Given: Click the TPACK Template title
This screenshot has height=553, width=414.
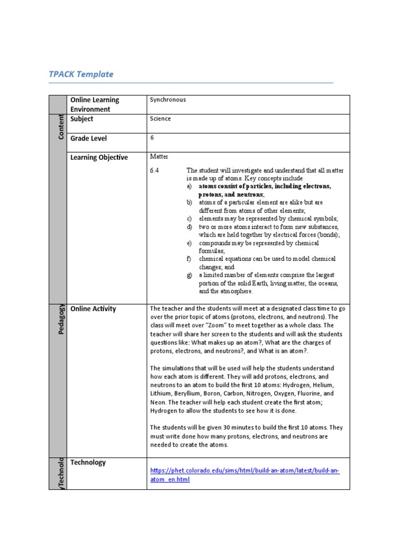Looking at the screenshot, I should pyautogui.click(x=81, y=74).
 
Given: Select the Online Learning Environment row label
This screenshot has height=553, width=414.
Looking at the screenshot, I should pyautogui.click(x=95, y=104).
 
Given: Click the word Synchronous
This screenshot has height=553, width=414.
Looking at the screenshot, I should pyautogui.click(x=168, y=100).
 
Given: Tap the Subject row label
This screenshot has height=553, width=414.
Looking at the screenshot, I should pyautogui.click(x=82, y=119).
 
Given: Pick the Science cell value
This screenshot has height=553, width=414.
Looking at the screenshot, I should pyautogui.click(x=160, y=119).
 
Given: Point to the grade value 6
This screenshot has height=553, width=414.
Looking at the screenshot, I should pyautogui.click(x=152, y=138).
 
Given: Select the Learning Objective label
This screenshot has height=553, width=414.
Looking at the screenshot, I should pyautogui.click(x=99, y=157).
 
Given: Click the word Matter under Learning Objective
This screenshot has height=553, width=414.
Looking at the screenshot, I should pyautogui.click(x=159, y=157).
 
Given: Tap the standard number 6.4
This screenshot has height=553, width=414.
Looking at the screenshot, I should pyautogui.click(x=155, y=171).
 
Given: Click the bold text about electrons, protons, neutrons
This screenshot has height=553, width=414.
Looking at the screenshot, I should pyautogui.click(x=265, y=190).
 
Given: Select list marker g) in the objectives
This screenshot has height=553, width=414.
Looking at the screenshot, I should pyautogui.click(x=189, y=275).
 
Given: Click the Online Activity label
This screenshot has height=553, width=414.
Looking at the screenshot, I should pyautogui.click(x=93, y=309).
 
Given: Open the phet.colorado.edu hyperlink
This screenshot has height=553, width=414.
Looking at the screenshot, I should pyautogui.click(x=245, y=471).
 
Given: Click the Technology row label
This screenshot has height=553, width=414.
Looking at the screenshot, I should pyautogui.click(x=88, y=462).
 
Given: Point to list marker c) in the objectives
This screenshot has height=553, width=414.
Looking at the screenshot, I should pyautogui.click(x=189, y=218).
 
